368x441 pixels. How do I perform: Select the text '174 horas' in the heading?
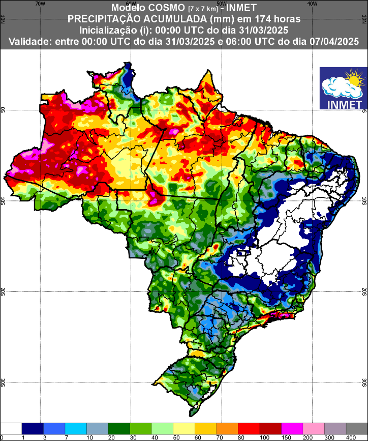tap(277, 19)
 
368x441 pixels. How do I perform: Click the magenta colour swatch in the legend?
tap(292, 428)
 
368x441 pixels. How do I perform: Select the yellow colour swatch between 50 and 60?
tap(183, 428)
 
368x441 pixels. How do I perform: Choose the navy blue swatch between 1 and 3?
tap(33, 428)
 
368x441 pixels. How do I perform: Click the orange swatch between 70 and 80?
tap(227, 428)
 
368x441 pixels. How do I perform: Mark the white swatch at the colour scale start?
tap(11, 428)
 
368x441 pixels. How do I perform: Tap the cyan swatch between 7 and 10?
tap(76, 428)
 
